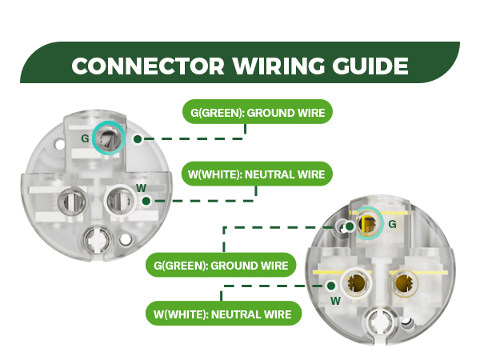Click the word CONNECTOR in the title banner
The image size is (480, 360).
click(148, 66)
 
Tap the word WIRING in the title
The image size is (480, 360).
click(278, 66)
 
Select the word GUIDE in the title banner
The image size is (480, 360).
click(370, 66)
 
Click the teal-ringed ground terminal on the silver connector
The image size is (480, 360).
click(108, 138)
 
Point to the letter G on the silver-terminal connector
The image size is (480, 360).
click(85, 138)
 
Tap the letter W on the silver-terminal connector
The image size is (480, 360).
click(141, 188)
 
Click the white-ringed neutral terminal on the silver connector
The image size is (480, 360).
click(120, 201)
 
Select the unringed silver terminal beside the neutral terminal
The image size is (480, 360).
click(72, 202)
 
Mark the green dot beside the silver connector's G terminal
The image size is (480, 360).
click(138, 139)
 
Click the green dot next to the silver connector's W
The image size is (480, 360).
click(146, 201)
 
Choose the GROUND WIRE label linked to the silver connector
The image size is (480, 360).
click(258, 112)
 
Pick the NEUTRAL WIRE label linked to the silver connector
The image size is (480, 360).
click(257, 174)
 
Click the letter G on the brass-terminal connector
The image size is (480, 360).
click(393, 224)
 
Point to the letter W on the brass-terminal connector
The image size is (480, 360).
click(336, 301)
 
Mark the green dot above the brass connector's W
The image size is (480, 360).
click(330, 286)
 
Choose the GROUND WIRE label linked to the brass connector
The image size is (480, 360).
click(221, 265)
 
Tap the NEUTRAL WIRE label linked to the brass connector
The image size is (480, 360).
click(223, 314)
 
